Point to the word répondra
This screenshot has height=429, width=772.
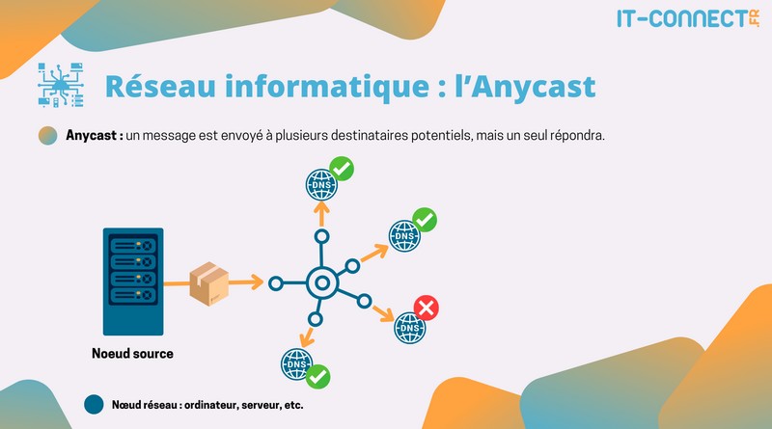pos(576,136)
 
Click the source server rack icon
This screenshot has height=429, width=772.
pos(131,281)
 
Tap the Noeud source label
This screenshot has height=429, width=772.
pos(132,354)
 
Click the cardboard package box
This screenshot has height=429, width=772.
pos(208,282)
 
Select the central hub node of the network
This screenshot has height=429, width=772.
pos(322,283)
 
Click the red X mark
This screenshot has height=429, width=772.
pos(427,308)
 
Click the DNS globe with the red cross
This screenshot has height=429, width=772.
pos(409,328)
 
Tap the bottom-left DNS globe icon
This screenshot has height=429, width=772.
pos(296,364)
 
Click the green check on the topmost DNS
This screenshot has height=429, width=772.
pos(341,169)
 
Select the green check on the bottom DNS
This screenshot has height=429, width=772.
pos(318,376)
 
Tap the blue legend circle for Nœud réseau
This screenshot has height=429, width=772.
pos(95,405)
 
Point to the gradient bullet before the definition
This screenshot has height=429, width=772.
pos(46,136)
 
